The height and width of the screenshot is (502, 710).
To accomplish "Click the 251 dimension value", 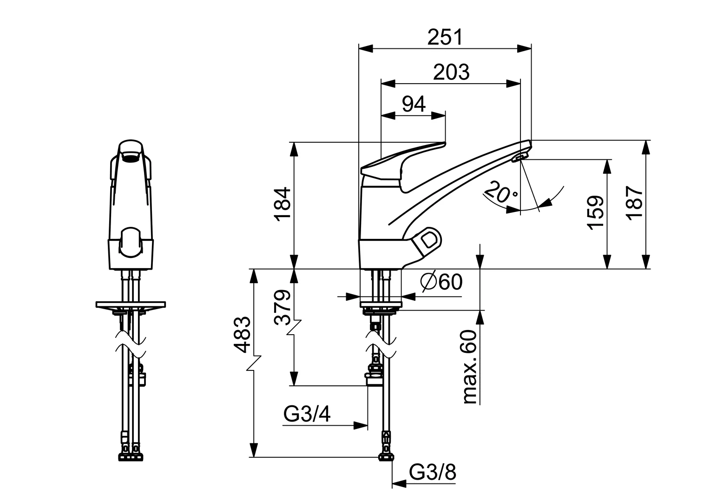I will (x=445, y=37).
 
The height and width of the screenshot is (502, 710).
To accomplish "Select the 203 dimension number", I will (x=451, y=72).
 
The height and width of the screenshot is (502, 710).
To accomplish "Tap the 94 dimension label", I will (x=414, y=105).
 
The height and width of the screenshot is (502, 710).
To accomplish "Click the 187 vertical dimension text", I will (x=634, y=203).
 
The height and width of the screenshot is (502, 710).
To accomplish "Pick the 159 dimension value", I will (x=595, y=212).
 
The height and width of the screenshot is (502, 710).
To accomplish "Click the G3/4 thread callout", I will (x=307, y=415).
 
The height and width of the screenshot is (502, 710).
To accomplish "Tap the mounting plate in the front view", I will (x=131, y=304).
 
